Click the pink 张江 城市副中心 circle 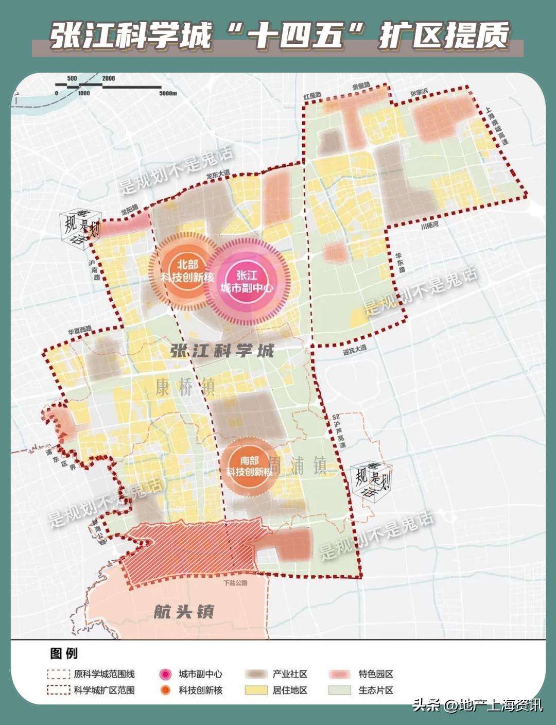[247, 282]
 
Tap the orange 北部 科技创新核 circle [187, 271]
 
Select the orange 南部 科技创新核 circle [249, 466]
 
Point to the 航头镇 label [184, 612]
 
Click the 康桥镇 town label [185, 386]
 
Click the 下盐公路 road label [235, 583]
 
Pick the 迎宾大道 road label [355, 350]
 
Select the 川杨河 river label [429, 226]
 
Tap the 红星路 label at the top [312, 96]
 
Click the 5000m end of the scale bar [168, 93]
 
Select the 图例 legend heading [64, 653]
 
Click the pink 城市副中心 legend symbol [165, 674]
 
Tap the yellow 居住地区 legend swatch [256, 690]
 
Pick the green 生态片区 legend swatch [340, 690]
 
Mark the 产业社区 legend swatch [256, 674]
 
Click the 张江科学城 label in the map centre [222, 352]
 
